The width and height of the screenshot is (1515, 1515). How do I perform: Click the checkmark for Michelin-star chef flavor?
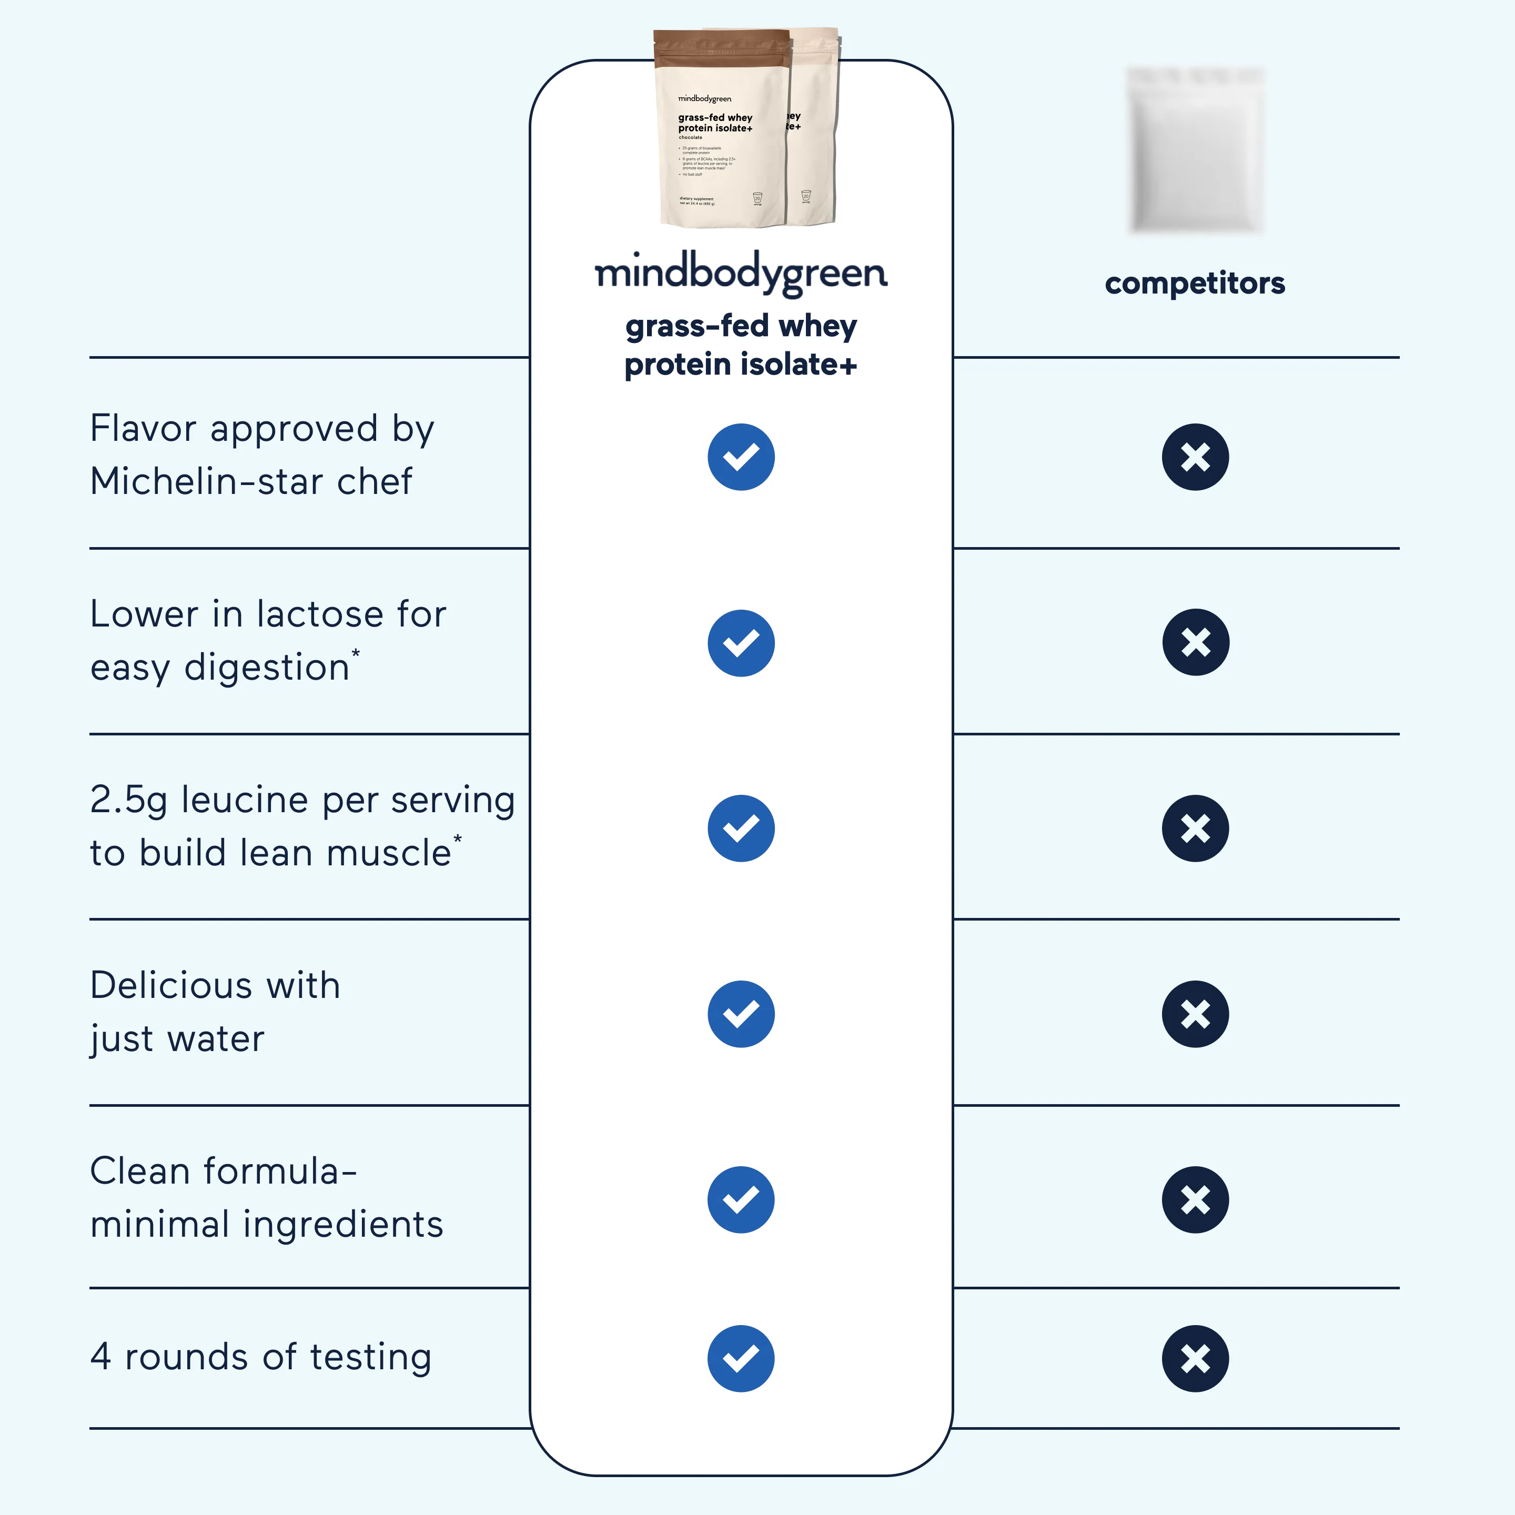(741, 457)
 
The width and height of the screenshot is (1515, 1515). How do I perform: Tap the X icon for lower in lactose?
(1195, 642)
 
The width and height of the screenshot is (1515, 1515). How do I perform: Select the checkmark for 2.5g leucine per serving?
(741, 828)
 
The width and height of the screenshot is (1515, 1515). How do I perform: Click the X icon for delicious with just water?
(1195, 1014)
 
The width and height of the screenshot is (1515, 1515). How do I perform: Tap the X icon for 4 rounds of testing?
(1195, 1359)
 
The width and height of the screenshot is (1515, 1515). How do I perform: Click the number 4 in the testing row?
(100, 1357)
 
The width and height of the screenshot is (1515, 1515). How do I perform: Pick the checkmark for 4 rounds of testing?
(741, 1359)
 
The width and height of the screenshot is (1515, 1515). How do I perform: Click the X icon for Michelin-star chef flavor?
(1195, 457)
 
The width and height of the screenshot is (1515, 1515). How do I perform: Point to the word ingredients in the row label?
(344, 1225)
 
